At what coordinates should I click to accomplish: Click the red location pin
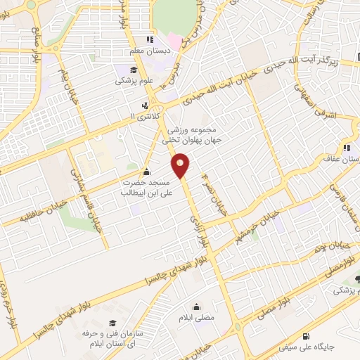tap(182, 166)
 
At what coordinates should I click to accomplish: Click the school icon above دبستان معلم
tap(148, 39)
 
